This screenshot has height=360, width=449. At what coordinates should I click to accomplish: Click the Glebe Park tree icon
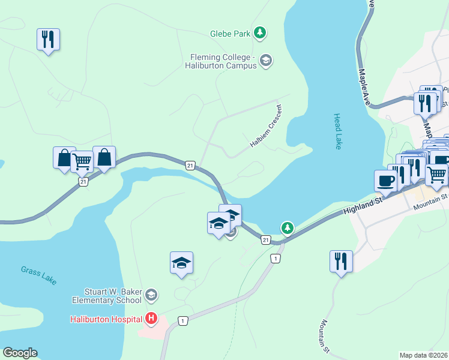[x=260, y=33]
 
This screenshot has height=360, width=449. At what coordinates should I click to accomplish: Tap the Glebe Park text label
[x=230, y=34]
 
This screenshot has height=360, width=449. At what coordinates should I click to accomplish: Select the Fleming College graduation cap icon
[x=266, y=61]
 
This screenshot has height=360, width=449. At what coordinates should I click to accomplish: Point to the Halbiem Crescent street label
[x=266, y=128]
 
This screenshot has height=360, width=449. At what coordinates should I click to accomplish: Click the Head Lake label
[x=338, y=131]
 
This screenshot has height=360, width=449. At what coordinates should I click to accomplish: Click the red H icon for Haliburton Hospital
[x=152, y=319]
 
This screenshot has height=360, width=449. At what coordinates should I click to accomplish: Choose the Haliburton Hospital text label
[x=106, y=319]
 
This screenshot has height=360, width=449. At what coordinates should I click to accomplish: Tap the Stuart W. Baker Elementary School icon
[x=152, y=295]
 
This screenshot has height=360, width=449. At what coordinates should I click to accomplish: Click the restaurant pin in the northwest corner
[x=47, y=40]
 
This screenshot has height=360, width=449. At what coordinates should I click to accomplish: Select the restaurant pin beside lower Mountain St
[x=341, y=262]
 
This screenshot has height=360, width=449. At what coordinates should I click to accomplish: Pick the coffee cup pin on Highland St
[x=385, y=181]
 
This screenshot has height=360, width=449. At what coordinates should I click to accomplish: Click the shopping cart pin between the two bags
[x=82, y=160]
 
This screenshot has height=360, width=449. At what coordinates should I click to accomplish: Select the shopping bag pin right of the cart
[x=104, y=158]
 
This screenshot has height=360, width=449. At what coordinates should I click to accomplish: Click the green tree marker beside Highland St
[x=288, y=227]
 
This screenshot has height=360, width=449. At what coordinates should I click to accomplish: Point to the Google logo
[x=20, y=353]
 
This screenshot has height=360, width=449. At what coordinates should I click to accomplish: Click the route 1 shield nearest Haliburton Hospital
[x=182, y=322]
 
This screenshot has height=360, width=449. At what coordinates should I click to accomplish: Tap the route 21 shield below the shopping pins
[x=83, y=181]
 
